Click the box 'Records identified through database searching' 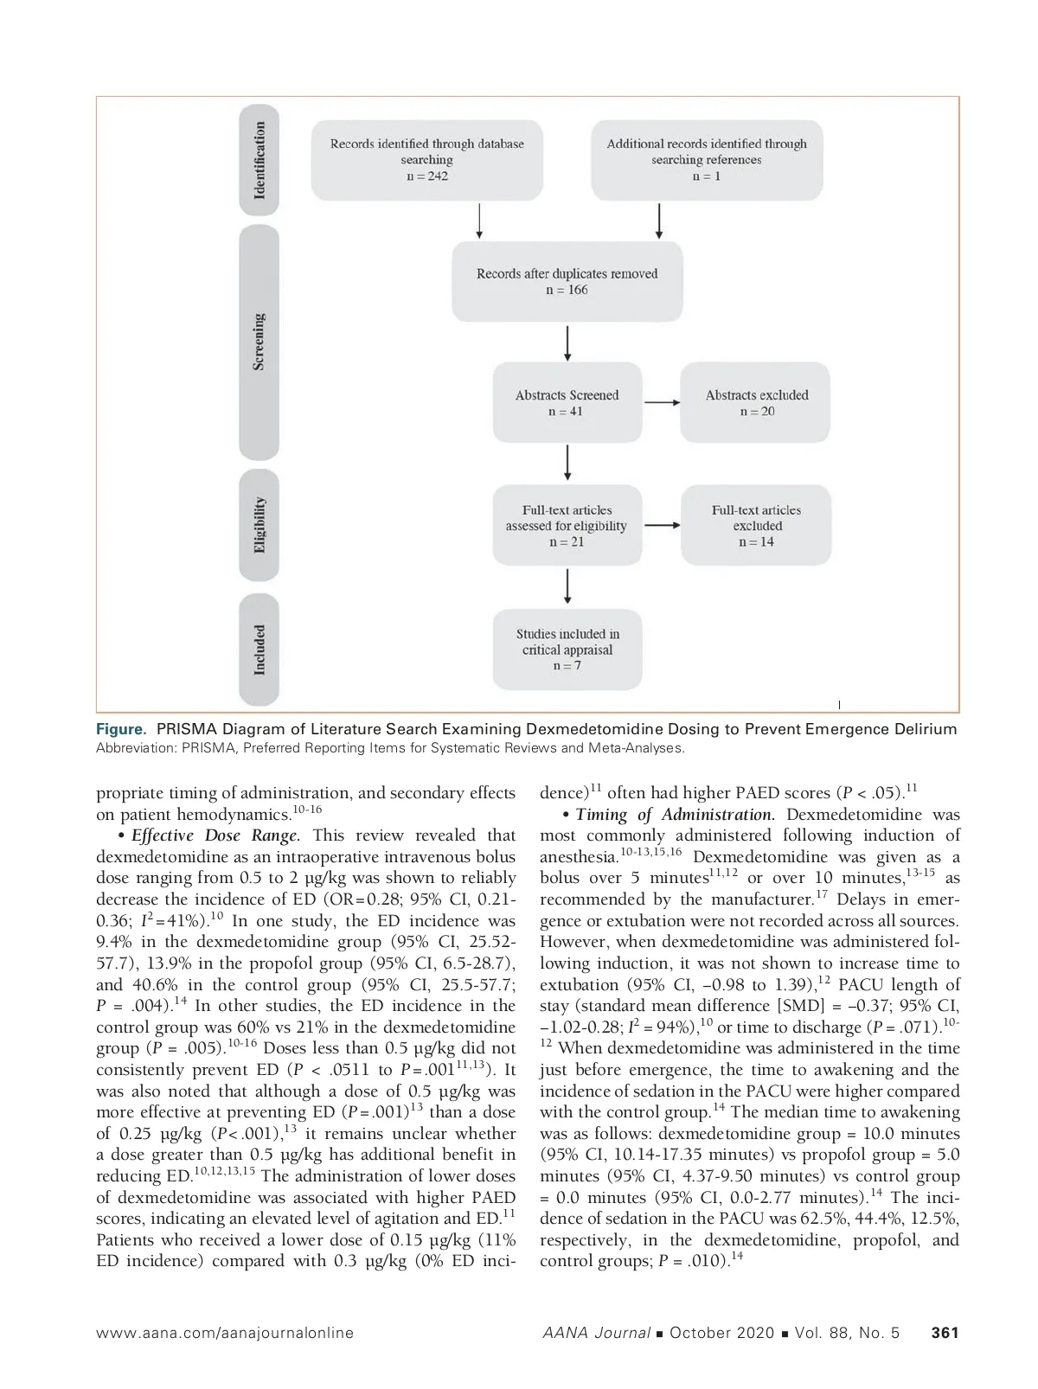point(426,160)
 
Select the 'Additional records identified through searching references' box point(706,160)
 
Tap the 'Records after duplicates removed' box point(567,282)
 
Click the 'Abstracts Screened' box point(567,403)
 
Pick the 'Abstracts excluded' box point(756,403)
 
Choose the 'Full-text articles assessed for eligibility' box point(567,526)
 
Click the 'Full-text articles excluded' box point(756,526)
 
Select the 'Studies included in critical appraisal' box point(567,650)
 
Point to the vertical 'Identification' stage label point(259,161)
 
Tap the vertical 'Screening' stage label point(259,342)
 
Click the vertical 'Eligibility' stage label point(259,525)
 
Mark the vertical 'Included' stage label point(259,650)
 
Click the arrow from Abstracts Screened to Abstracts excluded point(662,402)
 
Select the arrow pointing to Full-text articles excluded point(663,525)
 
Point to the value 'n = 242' point(426,176)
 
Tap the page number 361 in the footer point(945,1333)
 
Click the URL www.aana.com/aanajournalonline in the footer point(225,1333)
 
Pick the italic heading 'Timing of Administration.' point(676,815)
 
